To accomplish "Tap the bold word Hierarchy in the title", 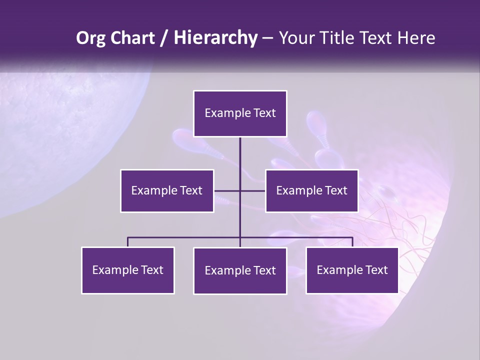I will point(215,38).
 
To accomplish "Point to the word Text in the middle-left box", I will point(190,190).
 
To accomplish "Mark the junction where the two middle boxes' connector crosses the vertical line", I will point(240,190).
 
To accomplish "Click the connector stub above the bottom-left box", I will point(127,242).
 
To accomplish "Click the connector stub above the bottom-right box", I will point(352,242).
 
